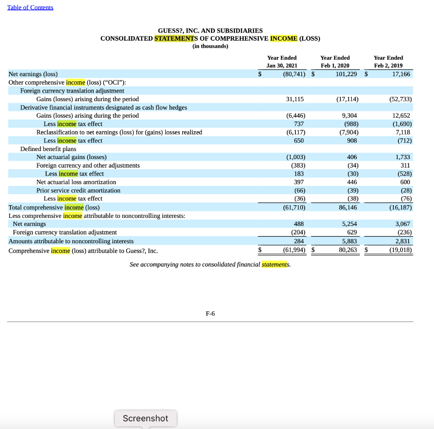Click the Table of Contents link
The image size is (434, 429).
30,8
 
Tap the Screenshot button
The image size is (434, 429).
145,418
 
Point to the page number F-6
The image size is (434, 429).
210,313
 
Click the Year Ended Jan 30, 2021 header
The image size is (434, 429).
282,61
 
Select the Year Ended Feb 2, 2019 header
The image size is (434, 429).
388,61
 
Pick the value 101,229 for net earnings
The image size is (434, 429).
346,74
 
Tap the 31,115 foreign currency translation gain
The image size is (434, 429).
295,99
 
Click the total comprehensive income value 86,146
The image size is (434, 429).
348,207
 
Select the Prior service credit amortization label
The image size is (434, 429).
78,190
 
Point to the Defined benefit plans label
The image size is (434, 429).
48,149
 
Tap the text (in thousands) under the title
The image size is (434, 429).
210,46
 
